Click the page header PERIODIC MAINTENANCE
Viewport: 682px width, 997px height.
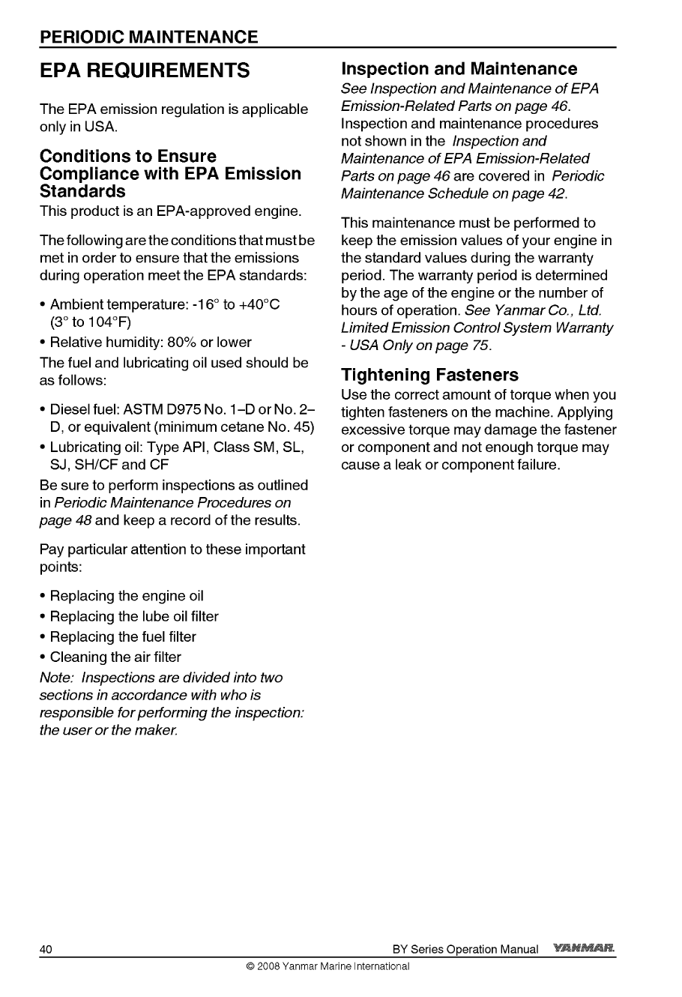pos(149,37)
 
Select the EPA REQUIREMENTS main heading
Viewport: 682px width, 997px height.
pos(145,71)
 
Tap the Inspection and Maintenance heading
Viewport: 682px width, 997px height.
pos(459,69)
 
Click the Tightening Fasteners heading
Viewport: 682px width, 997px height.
pos(429,374)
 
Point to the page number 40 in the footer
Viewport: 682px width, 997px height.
pos(46,950)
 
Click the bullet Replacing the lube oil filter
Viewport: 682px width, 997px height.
pos(134,616)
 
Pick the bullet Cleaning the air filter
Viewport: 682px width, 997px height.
pos(115,657)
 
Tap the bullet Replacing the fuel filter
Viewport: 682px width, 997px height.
pos(123,636)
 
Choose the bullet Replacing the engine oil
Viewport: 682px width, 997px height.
pos(127,596)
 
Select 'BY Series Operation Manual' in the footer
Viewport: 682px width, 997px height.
pos(465,950)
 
